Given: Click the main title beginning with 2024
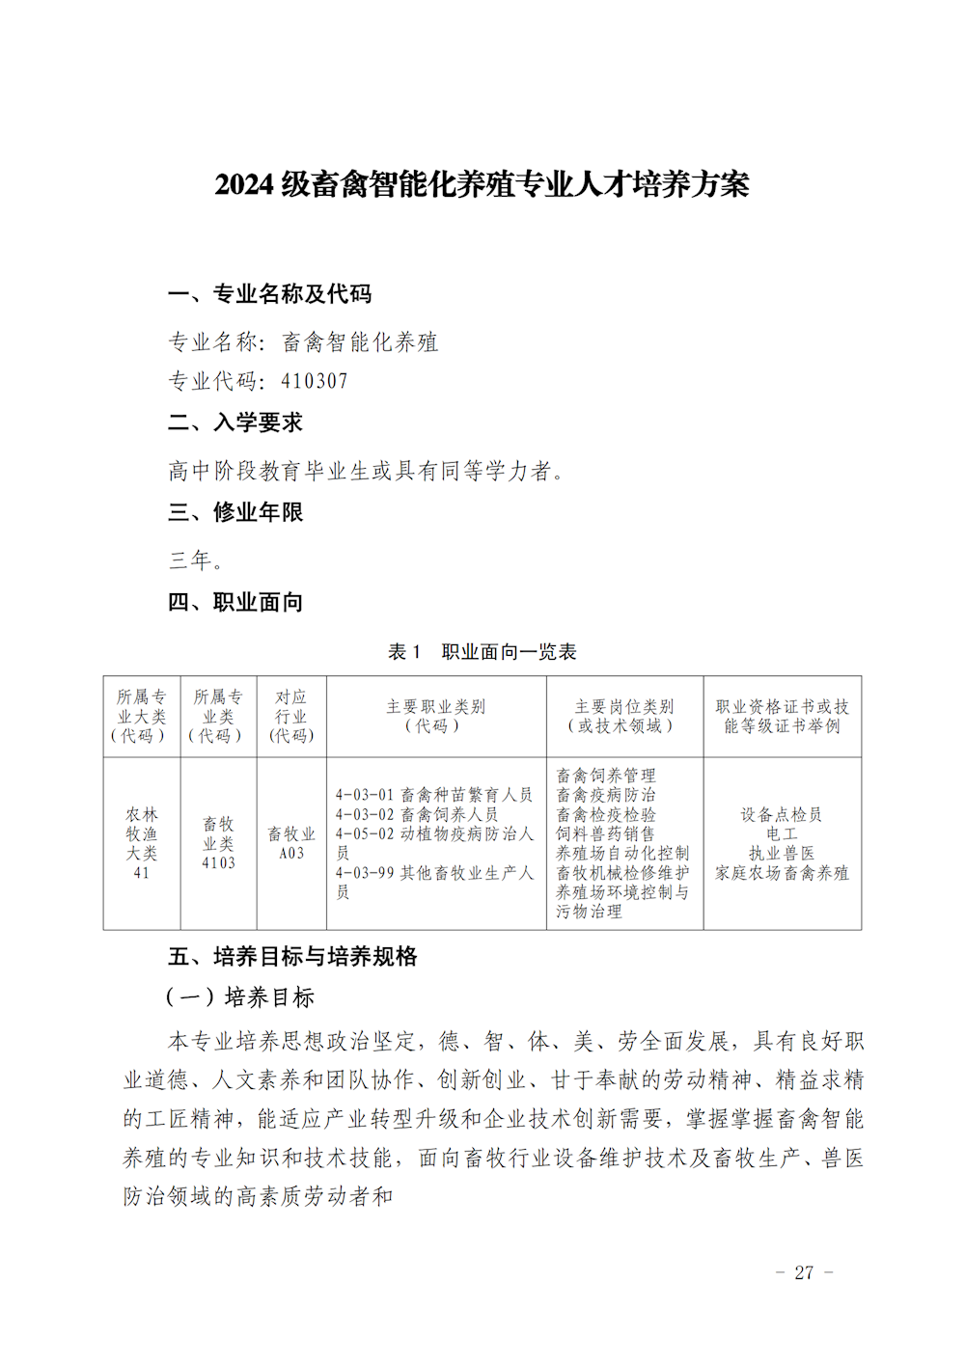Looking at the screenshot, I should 482,184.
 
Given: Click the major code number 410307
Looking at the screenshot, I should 315,381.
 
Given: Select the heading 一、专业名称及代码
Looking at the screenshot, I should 269,294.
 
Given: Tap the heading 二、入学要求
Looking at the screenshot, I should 235,423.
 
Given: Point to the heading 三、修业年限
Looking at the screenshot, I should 235,512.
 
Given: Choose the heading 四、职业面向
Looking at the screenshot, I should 235,603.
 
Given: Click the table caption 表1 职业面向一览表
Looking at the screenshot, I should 482,652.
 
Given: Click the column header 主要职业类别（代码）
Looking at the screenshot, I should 436,716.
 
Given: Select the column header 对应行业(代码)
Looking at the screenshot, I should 291,716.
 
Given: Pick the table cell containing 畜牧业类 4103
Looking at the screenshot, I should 218,843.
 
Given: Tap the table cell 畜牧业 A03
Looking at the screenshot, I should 291,843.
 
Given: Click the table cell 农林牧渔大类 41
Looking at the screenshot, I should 141,843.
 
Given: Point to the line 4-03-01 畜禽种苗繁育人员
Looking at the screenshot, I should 434,795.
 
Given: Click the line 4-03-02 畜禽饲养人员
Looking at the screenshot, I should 417,814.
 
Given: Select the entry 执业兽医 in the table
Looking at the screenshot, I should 782,853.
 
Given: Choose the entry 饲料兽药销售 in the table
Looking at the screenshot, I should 605,833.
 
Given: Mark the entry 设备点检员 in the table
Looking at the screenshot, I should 782,814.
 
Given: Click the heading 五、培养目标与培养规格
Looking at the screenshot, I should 292,956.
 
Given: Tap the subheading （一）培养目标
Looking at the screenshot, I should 241,997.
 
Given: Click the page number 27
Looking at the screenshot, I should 804,1272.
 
